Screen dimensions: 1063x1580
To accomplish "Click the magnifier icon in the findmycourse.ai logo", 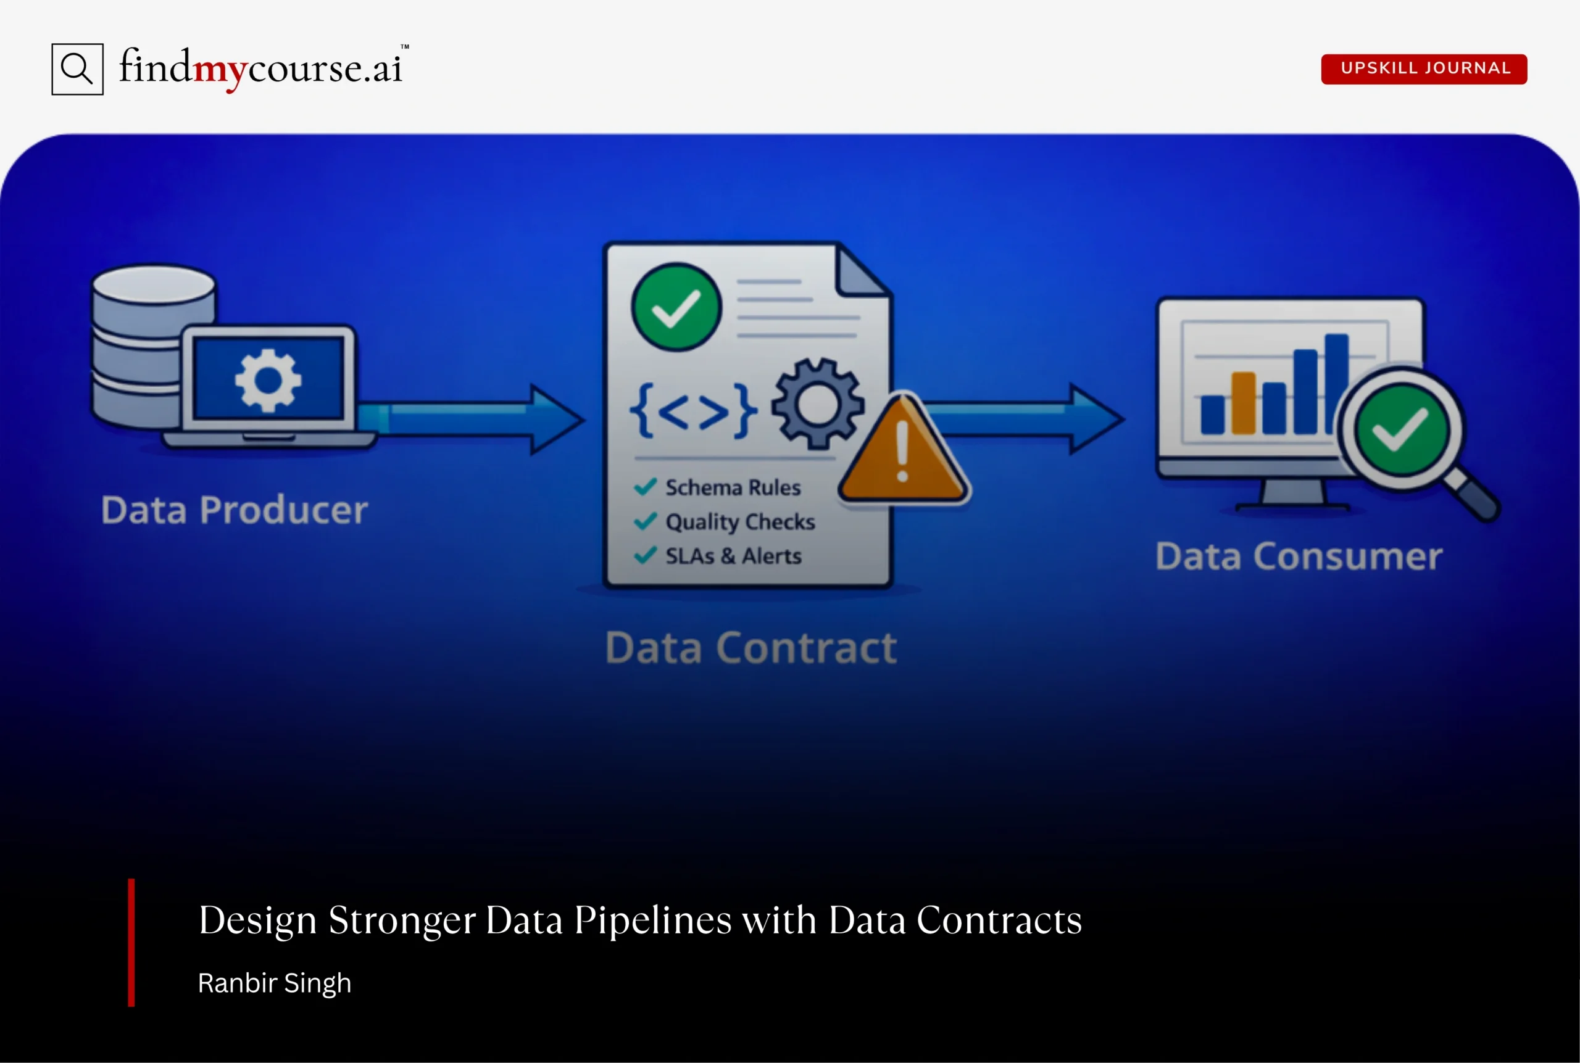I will click(77, 69).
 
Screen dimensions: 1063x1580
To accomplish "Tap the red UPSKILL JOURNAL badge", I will click(1423, 68).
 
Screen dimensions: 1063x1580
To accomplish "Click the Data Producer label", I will click(234, 510).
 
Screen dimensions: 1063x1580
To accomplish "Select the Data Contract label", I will click(750, 647).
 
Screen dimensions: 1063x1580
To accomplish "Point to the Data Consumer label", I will click(1298, 556).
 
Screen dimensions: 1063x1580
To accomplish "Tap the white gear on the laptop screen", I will click(268, 379).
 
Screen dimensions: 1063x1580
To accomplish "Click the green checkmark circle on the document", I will click(676, 307).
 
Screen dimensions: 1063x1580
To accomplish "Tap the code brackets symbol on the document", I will click(693, 410).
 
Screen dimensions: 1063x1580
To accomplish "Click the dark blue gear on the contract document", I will click(818, 404).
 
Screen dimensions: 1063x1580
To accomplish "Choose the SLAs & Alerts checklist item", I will click(732, 556).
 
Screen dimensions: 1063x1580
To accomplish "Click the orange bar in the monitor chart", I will click(1243, 403).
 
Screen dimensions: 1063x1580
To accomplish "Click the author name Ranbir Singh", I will click(275, 983).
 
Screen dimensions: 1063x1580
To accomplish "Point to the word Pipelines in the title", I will click(652, 920).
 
